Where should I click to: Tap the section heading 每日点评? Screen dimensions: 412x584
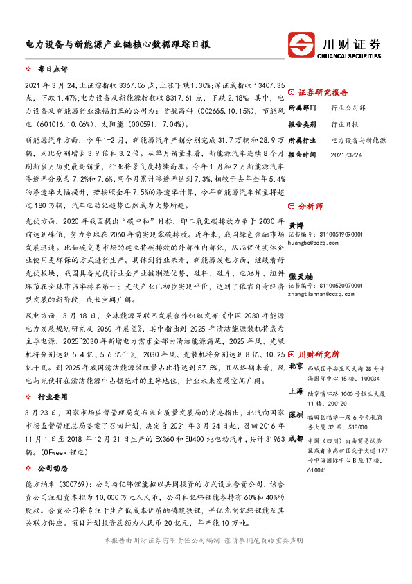click(x=53, y=70)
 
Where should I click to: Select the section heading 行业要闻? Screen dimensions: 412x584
click(x=53, y=398)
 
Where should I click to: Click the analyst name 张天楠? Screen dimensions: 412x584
click(x=299, y=276)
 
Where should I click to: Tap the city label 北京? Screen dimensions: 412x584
click(x=296, y=366)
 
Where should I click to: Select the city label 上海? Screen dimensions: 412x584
click(x=296, y=392)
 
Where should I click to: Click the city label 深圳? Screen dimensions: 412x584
click(x=296, y=414)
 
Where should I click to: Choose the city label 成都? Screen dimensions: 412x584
click(x=296, y=439)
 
